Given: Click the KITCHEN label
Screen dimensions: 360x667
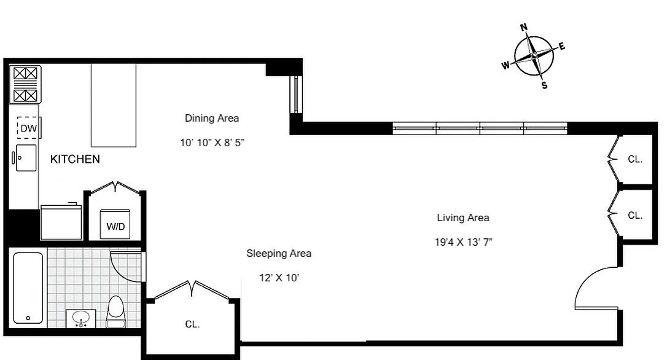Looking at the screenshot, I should pos(75,159).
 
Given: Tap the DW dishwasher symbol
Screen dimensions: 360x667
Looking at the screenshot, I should pos(27,128).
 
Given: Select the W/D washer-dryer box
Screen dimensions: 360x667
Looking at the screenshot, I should pos(115,225).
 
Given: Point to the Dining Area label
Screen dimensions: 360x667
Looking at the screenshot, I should pos(212,118).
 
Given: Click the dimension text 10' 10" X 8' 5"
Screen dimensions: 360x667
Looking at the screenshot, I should pos(213,143).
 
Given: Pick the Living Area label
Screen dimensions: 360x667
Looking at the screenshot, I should pos(463,217).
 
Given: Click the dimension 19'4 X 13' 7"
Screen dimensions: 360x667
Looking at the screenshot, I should pos(463,242).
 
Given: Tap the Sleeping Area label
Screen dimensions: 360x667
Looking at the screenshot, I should pos(279,253).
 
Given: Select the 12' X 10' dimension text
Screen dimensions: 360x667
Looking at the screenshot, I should pos(279,278).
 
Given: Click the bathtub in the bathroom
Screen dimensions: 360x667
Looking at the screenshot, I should pos(28,288).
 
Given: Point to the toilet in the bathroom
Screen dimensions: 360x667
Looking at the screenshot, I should pos(116,312).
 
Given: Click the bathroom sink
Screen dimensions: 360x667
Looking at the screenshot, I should pos(80,318).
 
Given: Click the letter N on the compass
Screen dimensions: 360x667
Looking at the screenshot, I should pos(524,27).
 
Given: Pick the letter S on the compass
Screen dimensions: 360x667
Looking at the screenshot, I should pos(544,85).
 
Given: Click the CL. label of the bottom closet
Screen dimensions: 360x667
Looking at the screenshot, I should pos(192,324).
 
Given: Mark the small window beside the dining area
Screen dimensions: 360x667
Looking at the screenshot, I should pos(296,94).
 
